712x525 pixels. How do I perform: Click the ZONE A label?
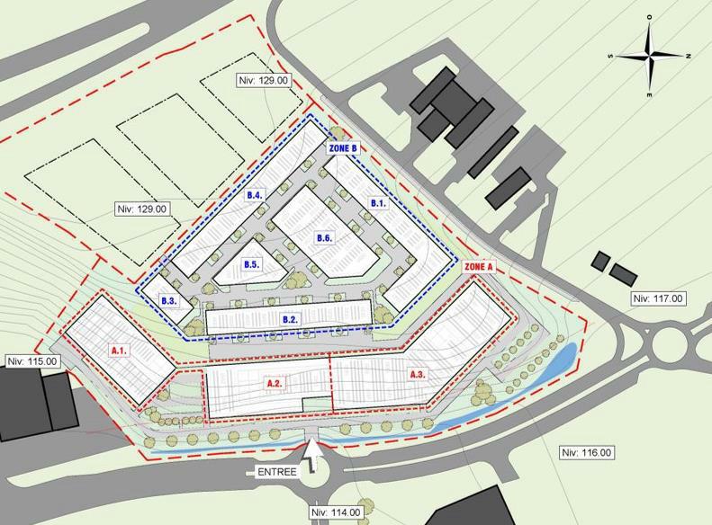click(x=479, y=267)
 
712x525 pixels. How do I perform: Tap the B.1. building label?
click(x=378, y=204)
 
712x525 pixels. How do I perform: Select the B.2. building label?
click(x=290, y=319)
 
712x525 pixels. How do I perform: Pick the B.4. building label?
click(x=254, y=195)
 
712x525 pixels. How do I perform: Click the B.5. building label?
click(x=251, y=265)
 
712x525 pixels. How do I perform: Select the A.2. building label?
click(x=275, y=383)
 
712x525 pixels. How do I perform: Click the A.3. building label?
click(x=418, y=374)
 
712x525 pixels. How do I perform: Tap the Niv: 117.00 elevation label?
click(x=657, y=298)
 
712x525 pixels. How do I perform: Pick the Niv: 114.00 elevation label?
click(x=336, y=512)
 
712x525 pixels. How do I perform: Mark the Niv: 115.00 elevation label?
click(x=32, y=361)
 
